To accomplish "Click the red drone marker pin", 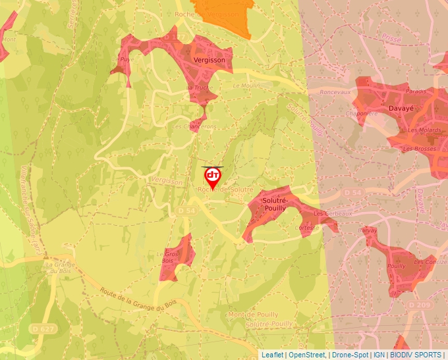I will point(212,177).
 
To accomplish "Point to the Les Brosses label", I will point(420,149).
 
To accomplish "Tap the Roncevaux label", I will point(335,93).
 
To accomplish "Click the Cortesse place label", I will point(307,228).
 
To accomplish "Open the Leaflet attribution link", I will point(273,355).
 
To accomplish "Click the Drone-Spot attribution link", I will point(350,355).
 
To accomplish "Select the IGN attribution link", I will point(379,355).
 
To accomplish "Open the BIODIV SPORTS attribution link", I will point(416,355).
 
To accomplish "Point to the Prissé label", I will point(391,39).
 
